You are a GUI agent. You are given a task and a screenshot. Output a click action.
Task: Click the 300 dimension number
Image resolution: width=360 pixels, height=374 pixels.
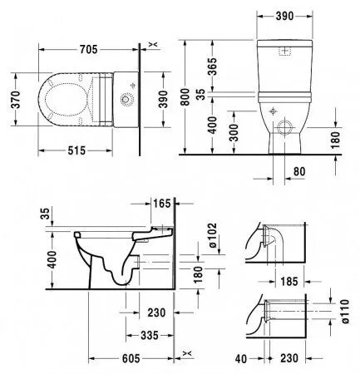point(236,133)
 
